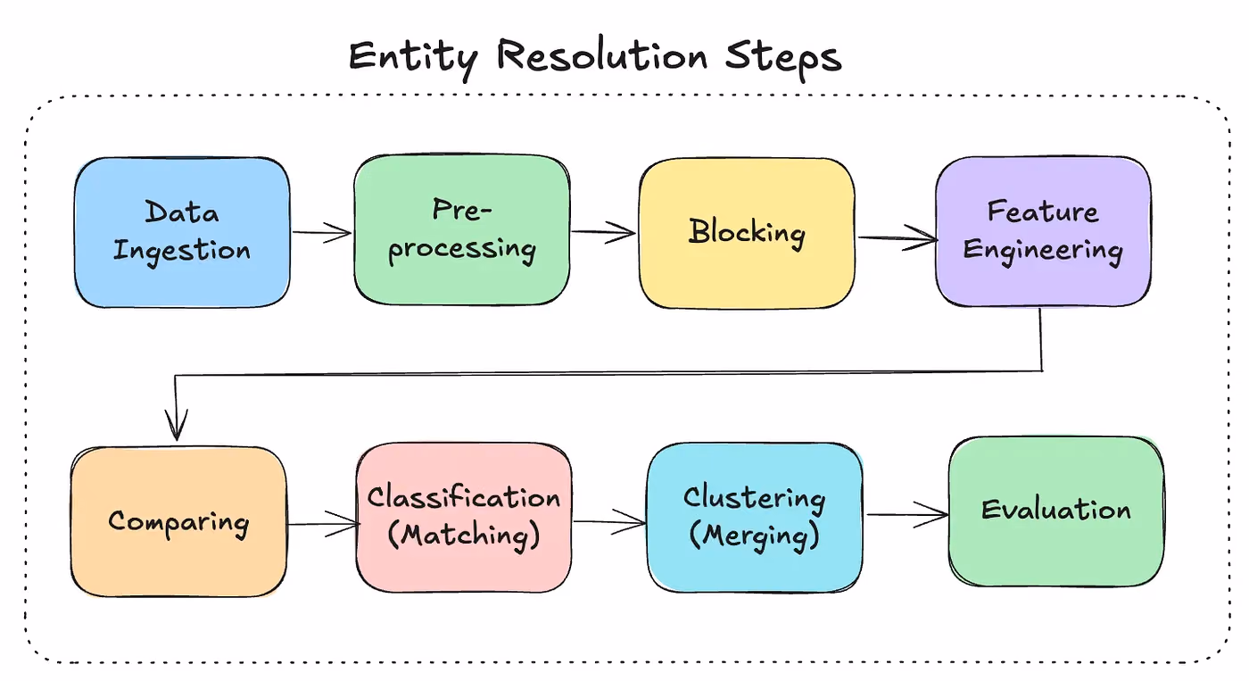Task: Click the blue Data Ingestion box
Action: [x=182, y=232]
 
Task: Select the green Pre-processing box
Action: [x=462, y=229]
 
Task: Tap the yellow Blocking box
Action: [x=747, y=233]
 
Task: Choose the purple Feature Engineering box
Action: [x=1043, y=231]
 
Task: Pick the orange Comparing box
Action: [x=178, y=521]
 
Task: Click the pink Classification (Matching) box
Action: [x=464, y=518]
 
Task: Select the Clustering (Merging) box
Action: [x=755, y=518]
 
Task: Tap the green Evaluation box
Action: [x=1056, y=511]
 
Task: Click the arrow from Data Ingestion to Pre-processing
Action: [x=322, y=232]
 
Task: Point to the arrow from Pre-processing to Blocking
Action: [x=603, y=231]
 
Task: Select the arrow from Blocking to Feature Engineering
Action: [x=897, y=238]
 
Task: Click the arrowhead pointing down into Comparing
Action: [x=177, y=426]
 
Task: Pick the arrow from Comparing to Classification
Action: [x=323, y=524]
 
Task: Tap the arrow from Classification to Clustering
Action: [x=609, y=522]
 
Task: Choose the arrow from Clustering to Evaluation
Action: [x=907, y=514]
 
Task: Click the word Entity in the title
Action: [x=413, y=58]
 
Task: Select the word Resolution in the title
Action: [x=602, y=55]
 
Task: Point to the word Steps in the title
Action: [x=783, y=58]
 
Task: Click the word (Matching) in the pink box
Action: [x=463, y=536]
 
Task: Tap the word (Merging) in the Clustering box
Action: [x=755, y=536]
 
